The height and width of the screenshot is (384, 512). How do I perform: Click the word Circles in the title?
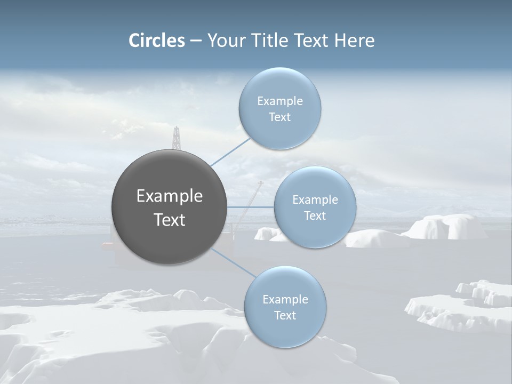157,41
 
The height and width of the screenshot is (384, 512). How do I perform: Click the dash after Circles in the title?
196,41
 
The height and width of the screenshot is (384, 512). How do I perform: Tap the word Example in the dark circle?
170,196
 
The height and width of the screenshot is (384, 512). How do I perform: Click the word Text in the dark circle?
170,220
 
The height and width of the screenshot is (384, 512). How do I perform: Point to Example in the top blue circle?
280,101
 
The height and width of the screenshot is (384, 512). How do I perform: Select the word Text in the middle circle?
315,216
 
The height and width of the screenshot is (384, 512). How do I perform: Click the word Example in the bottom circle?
285,300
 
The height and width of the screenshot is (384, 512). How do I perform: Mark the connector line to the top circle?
230,151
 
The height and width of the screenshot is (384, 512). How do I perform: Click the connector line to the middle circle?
251,207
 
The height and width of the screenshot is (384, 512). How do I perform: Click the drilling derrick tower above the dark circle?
176,138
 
